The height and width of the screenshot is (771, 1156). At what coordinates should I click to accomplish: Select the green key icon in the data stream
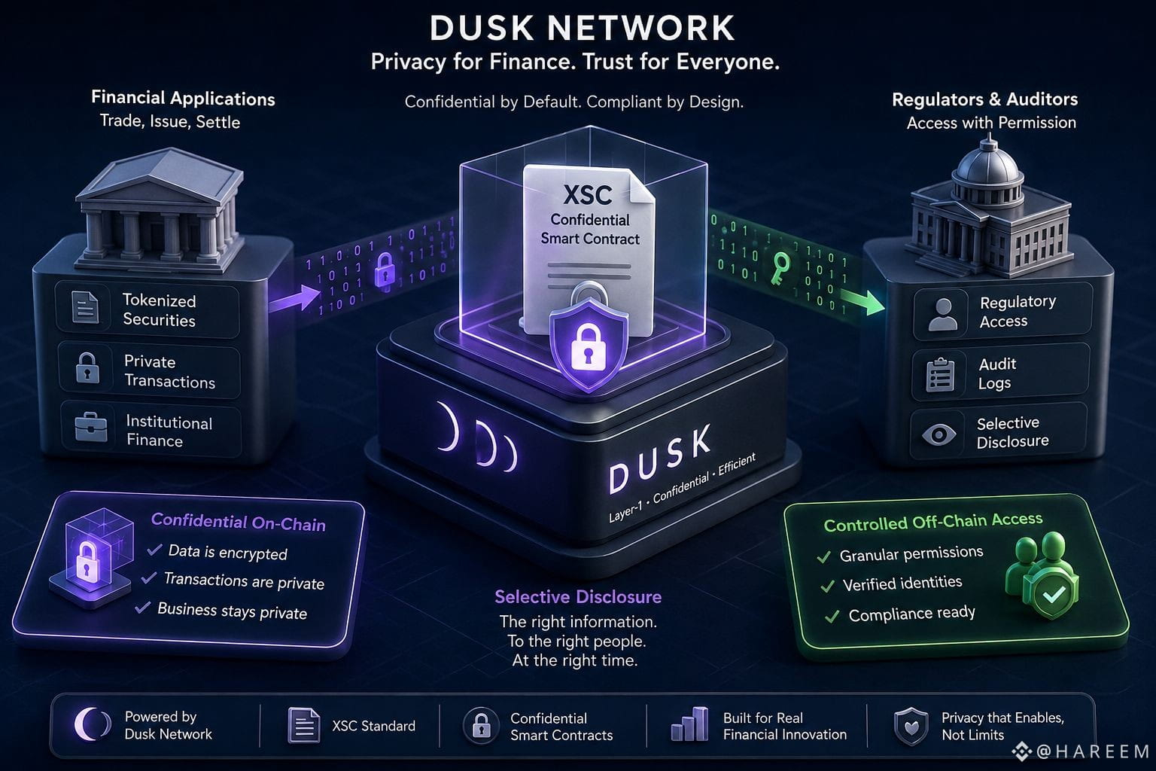780,267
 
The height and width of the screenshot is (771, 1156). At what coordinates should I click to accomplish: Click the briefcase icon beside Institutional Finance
91,427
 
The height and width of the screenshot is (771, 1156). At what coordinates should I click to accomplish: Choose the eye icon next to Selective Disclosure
938,434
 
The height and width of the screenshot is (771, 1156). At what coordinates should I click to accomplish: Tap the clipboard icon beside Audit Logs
940,374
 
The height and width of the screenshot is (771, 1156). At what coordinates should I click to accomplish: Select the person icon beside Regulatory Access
943,314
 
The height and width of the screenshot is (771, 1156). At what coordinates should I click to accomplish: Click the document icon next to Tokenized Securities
85,306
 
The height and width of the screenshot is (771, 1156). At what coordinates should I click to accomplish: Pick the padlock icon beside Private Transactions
87,367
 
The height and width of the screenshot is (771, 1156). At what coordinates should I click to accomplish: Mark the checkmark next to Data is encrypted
154,550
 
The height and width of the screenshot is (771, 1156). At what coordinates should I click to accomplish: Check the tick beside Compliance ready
832,617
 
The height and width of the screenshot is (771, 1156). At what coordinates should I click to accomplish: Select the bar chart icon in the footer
689,724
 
